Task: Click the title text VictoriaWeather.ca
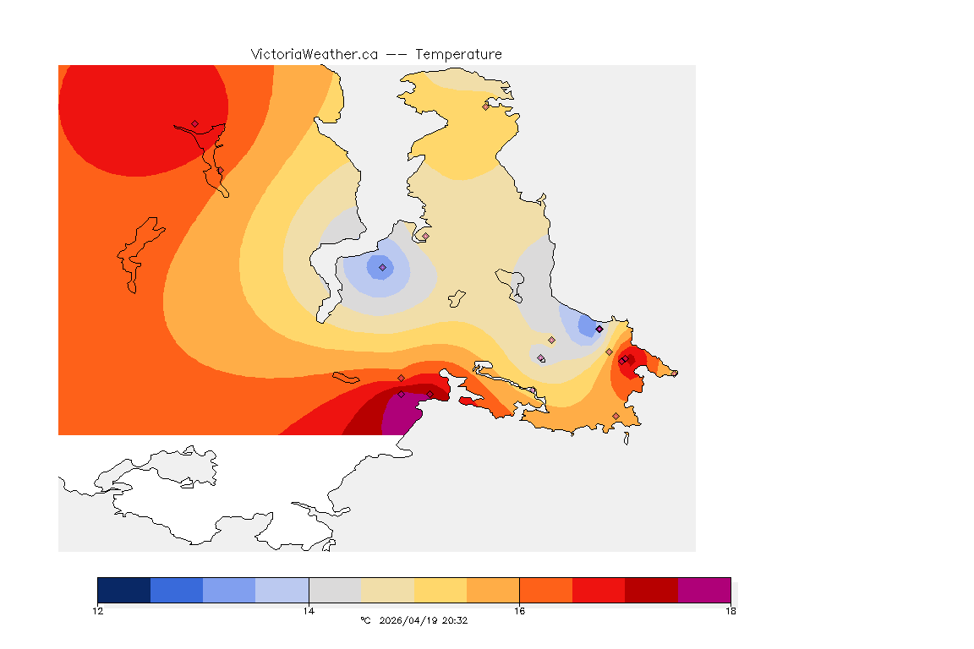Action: pyautogui.click(x=314, y=54)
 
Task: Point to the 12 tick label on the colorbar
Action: pyautogui.click(x=98, y=610)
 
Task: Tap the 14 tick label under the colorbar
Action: pyautogui.click(x=309, y=610)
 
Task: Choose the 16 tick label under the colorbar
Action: pyautogui.click(x=519, y=610)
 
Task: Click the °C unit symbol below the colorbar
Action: pyautogui.click(x=365, y=620)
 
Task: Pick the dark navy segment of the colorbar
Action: pyautogui.click(x=123, y=590)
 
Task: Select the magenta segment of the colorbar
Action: pyautogui.click(x=704, y=590)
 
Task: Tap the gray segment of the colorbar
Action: pyautogui.click(x=335, y=590)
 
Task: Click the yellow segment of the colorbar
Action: pyautogui.click(x=440, y=590)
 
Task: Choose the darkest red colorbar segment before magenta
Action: pyautogui.click(x=651, y=590)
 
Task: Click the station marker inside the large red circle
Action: pyautogui.click(x=194, y=123)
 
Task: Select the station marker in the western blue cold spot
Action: pyautogui.click(x=382, y=267)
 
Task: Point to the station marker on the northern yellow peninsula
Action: pyautogui.click(x=485, y=106)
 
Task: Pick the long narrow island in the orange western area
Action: pyautogui.click(x=140, y=254)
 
